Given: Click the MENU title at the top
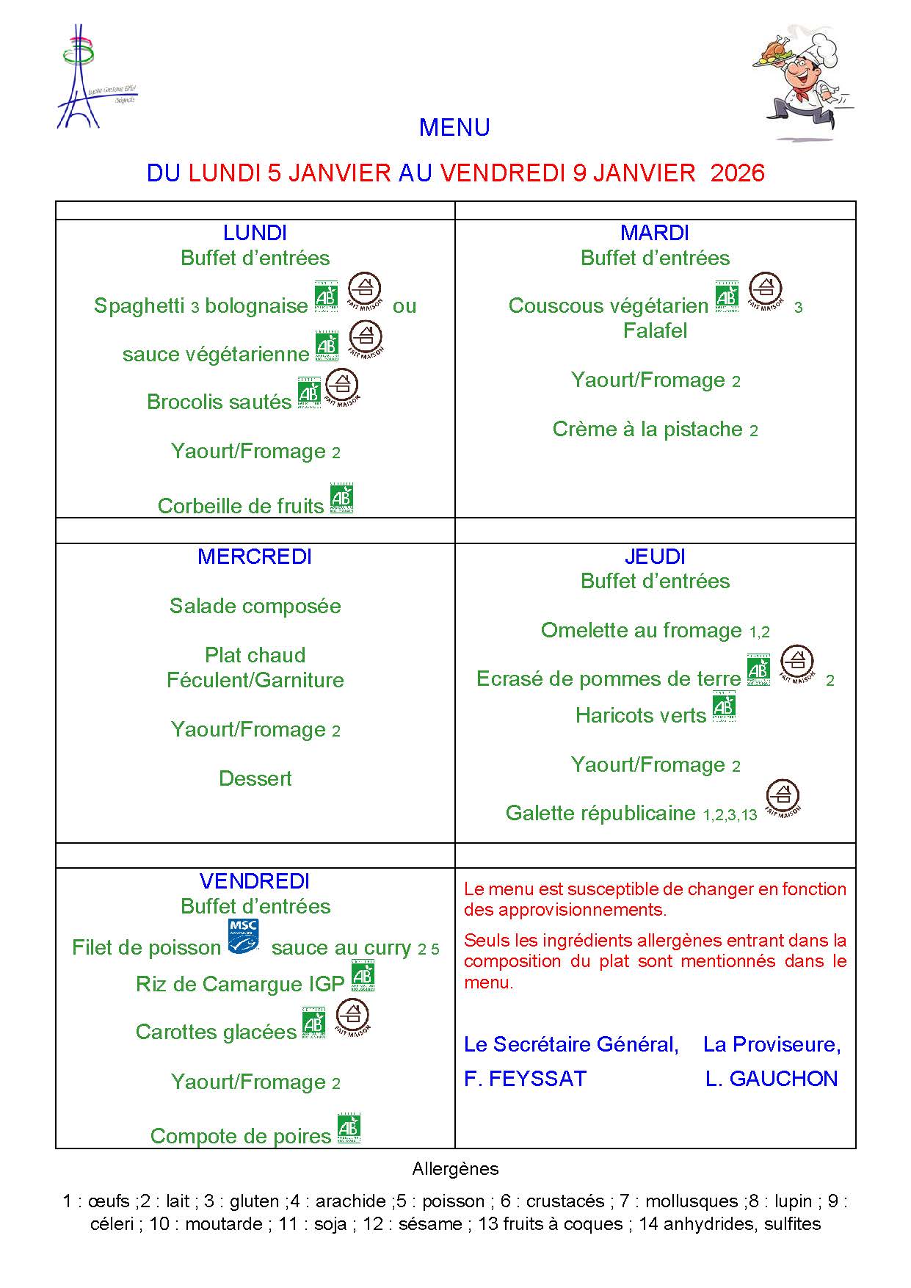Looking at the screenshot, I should [x=454, y=128].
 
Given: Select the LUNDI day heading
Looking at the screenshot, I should [x=255, y=234].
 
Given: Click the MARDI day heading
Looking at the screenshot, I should [x=655, y=234].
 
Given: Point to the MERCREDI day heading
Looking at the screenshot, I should [x=255, y=557].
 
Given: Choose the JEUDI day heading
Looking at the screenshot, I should [x=655, y=557].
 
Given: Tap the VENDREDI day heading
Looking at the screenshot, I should [x=255, y=881].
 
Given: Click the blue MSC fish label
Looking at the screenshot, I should [x=244, y=936].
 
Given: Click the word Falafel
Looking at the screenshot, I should [x=655, y=331].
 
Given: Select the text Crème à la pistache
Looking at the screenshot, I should [x=647, y=430].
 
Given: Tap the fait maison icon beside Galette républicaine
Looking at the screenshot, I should [x=783, y=798].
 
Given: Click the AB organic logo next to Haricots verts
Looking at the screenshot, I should [x=724, y=708].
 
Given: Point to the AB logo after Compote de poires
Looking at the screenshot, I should [x=349, y=1129].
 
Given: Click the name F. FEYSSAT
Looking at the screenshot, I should [x=526, y=1079].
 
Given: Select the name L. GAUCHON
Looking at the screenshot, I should [x=772, y=1079].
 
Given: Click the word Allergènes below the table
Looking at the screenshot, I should [x=455, y=1168].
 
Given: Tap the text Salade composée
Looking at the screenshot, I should [x=255, y=607].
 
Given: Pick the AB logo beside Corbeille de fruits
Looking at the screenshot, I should [x=341, y=499].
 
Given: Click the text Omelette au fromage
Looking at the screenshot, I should [x=641, y=631].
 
